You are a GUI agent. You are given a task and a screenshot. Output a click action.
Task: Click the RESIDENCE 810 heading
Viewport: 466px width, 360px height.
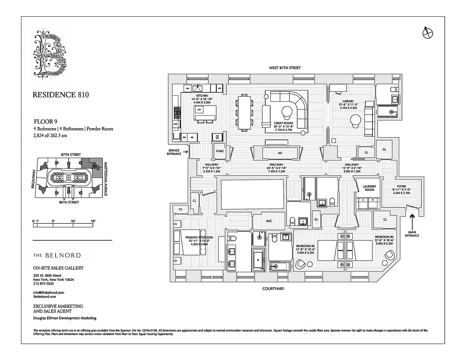coord(61,95)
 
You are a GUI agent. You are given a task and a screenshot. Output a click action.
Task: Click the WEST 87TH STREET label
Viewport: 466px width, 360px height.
coord(285,68)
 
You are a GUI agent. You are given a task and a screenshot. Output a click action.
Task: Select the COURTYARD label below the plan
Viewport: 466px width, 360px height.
coord(273,289)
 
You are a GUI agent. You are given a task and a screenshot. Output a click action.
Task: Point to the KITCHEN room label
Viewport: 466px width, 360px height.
coord(202,96)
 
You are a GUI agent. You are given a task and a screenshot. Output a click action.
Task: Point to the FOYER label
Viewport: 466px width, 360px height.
coord(401,186)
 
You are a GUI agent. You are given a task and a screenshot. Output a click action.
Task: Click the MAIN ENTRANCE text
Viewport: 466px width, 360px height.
coord(412,233)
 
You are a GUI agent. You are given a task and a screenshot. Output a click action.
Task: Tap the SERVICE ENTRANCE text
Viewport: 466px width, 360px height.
coord(174,152)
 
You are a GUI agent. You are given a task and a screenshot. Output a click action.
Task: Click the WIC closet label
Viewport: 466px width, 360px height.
coord(269,221)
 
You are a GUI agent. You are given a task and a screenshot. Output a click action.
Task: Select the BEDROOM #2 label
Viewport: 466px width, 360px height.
coord(305,246)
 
